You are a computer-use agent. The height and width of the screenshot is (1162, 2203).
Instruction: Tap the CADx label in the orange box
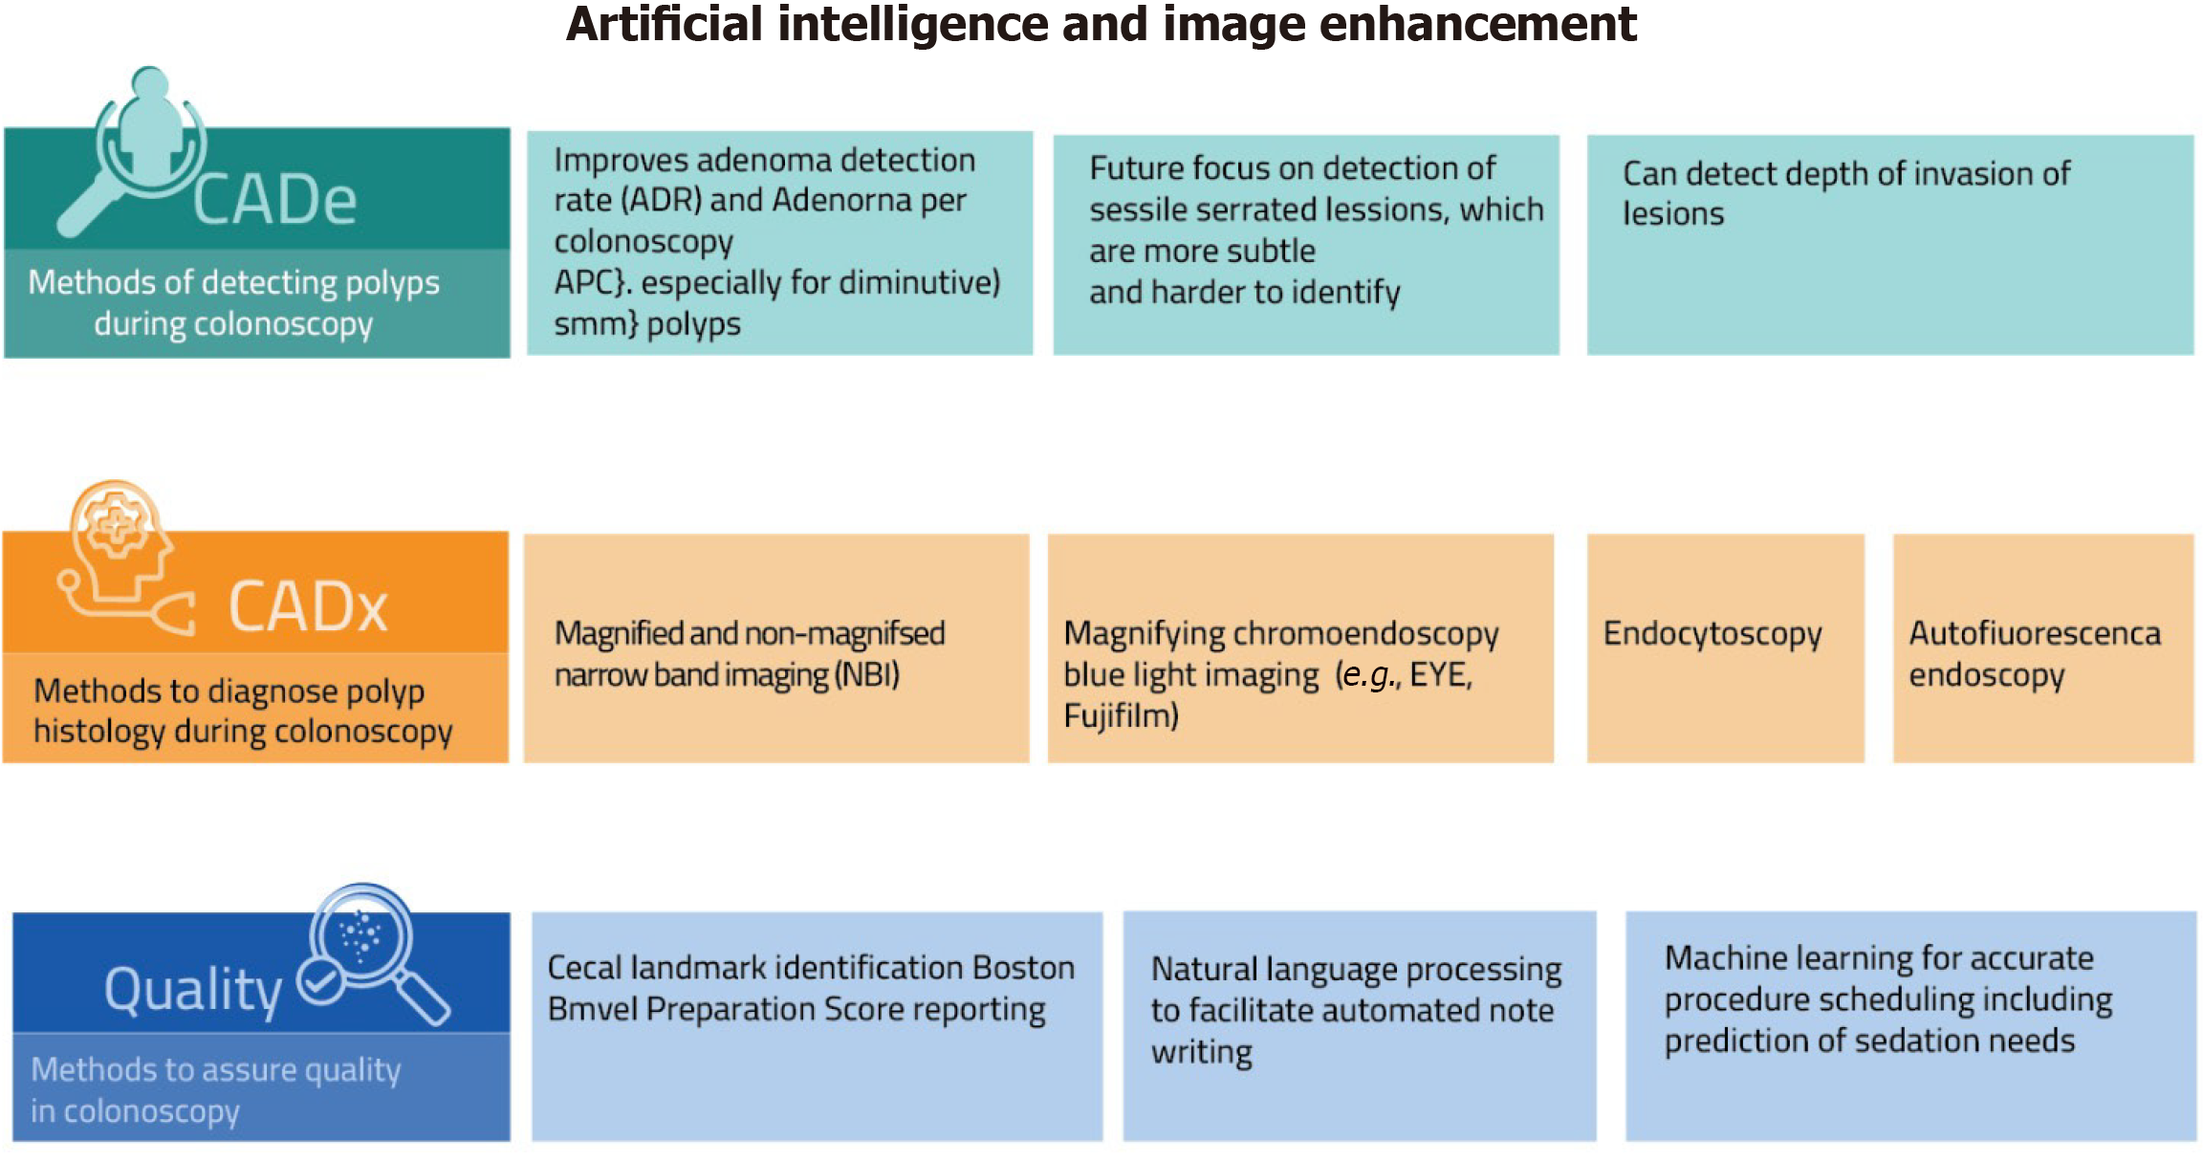pyautogui.click(x=308, y=607)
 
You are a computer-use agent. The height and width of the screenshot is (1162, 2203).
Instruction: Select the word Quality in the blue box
pyautogui.click(x=193, y=991)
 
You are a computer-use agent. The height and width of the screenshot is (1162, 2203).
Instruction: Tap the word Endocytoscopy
pyautogui.click(x=1712, y=634)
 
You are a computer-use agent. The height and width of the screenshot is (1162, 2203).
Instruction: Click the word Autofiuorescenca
pyautogui.click(x=2035, y=633)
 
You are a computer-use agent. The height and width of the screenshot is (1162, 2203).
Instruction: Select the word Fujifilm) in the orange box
pyautogui.click(x=1121, y=715)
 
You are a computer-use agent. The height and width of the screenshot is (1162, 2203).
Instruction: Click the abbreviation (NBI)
pyautogui.click(x=867, y=675)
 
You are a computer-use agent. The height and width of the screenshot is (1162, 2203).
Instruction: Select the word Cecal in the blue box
pyautogui.click(x=585, y=968)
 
